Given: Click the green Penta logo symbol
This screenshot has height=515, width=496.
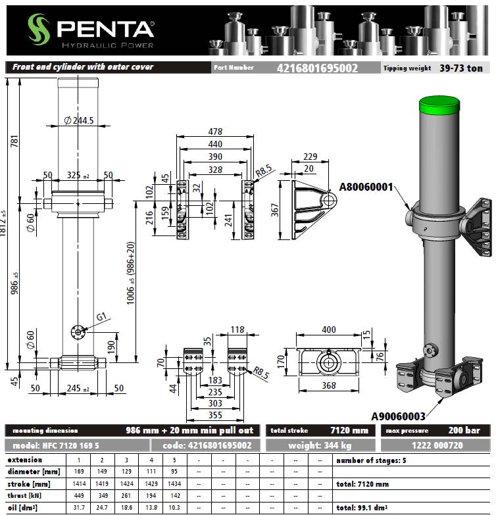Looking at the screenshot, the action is point(38,29).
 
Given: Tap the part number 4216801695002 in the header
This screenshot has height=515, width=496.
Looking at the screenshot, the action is point(317,68).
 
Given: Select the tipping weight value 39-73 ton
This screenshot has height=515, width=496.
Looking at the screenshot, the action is point(461,68).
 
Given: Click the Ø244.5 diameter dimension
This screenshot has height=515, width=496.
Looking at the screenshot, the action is point(79,120).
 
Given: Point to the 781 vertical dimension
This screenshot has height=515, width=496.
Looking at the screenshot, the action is point(14,141).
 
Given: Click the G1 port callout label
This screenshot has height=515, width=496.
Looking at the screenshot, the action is point(101,316).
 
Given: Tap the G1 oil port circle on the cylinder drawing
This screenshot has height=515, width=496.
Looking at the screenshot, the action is point(78,332).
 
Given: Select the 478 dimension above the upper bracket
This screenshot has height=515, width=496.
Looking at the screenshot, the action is point(215,132).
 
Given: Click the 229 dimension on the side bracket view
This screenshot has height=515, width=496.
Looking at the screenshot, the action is point(310,157).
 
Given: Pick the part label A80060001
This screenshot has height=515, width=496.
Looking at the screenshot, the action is point(366,187).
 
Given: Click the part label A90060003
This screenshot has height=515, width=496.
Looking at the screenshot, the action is point(398,416).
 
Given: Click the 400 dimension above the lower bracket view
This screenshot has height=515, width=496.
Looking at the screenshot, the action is point(329,330).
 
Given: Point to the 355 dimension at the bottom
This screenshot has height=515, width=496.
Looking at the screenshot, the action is point(215,415).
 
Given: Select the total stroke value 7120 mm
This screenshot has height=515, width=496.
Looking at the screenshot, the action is point(349,430).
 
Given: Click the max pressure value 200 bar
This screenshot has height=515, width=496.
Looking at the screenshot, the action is point(464,430).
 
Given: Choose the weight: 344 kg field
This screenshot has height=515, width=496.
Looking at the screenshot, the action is point(320,445).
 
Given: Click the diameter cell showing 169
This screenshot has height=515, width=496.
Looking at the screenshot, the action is point(79,472).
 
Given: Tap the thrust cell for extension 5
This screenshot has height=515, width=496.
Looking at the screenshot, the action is point(175,495).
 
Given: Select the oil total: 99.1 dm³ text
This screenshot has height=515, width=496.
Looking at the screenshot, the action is point(362,508).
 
